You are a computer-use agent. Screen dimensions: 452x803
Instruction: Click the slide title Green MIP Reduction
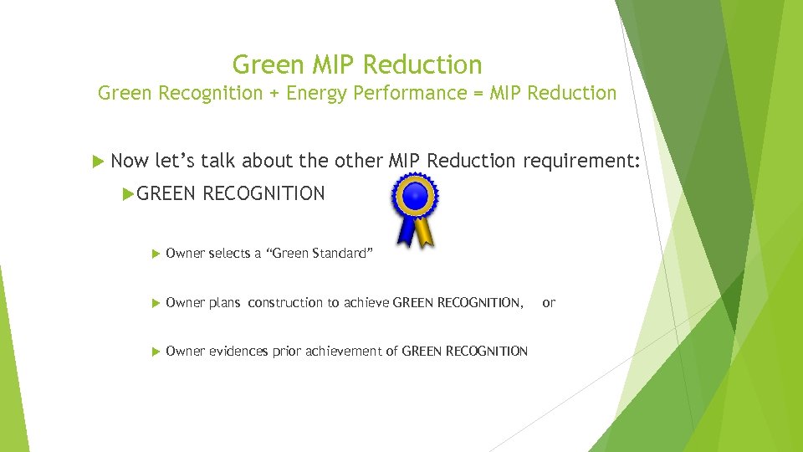click(357, 64)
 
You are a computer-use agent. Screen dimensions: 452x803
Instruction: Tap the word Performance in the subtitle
click(404, 93)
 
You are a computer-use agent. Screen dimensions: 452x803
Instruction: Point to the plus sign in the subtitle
click(274, 94)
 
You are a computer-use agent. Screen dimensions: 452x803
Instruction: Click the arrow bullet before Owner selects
click(156, 254)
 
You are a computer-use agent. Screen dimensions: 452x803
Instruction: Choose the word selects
click(228, 254)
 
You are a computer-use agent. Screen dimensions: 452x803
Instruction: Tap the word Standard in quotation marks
click(339, 254)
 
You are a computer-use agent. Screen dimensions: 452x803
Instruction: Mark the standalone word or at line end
click(549, 303)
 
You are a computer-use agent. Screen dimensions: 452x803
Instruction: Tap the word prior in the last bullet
click(287, 352)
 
